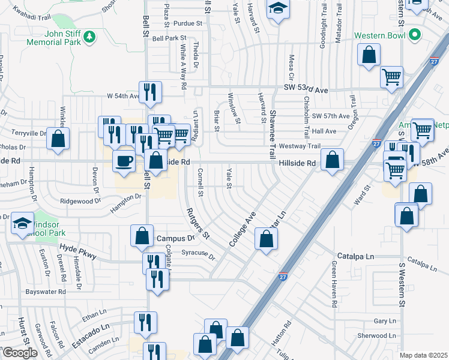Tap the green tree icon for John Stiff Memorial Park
tap(89, 37)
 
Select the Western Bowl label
tap(381, 35)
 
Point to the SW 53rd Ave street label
tap(306, 89)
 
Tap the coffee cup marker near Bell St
tap(124, 161)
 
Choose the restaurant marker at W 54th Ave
tap(151, 92)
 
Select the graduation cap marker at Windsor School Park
tap(22, 224)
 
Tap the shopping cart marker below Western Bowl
tap(392, 77)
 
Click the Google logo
tap(20, 353)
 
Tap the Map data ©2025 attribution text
tap(423, 355)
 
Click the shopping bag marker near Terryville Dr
tap(58, 139)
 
